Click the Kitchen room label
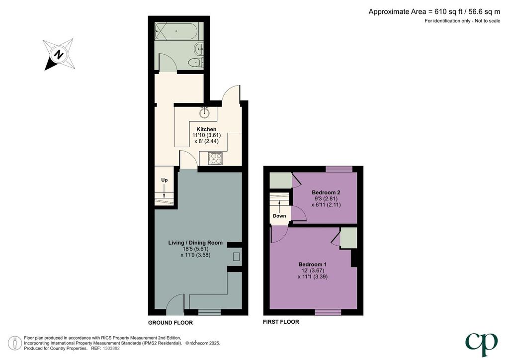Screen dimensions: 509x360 [206, 129]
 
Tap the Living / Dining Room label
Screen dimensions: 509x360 [195, 243]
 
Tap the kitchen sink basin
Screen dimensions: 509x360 [204, 113]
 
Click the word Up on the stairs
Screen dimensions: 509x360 [165, 180]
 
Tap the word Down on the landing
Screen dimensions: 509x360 [279, 216]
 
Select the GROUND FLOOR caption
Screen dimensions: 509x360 [170, 323]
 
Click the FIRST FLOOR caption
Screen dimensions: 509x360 [281, 322]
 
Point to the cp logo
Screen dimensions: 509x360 [481, 344]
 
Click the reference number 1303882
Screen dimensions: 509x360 [111, 348]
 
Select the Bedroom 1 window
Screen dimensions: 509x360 [328, 312]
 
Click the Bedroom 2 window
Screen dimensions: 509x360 [339, 169]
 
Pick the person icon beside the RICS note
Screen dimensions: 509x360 [15, 343]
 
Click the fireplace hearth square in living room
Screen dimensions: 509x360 [236, 257]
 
